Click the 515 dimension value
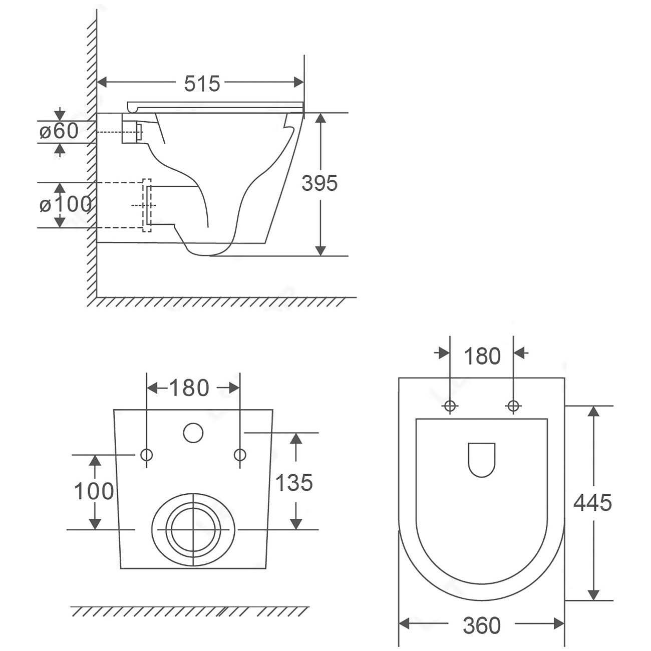click(x=202, y=84)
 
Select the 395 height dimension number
click(x=319, y=183)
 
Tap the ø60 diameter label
click(x=59, y=131)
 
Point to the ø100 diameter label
click(x=66, y=204)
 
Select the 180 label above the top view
click(x=482, y=356)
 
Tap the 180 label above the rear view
click(x=189, y=388)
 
